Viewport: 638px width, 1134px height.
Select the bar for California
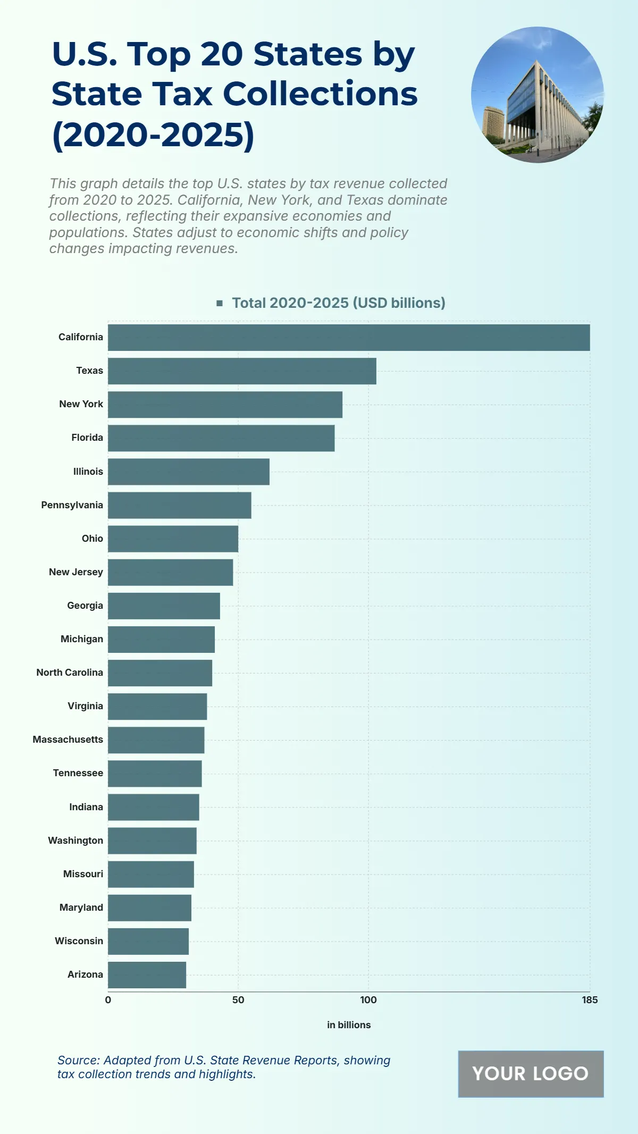(349, 338)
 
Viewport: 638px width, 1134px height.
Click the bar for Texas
(242, 371)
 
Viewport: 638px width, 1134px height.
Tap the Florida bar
(221, 438)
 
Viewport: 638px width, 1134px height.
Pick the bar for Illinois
(189, 472)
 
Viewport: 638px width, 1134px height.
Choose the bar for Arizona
(147, 975)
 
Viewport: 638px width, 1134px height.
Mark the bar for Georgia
(164, 606)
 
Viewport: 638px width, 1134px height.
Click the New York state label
(81, 404)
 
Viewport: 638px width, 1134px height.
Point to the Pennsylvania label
(72, 505)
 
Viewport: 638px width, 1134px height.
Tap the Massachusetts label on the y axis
(68, 740)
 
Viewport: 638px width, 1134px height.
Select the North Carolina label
(70, 673)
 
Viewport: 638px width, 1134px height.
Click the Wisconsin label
(79, 941)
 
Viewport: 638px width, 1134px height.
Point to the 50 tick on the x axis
(238, 1000)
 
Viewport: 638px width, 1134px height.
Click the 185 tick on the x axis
(590, 1000)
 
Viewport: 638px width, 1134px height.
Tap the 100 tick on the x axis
(368, 1000)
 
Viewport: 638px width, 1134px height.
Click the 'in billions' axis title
(349, 1025)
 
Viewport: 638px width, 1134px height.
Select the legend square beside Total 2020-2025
(220, 303)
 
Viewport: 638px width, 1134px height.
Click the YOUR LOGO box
(531, 1074)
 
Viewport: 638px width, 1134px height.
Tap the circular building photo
(538, 95)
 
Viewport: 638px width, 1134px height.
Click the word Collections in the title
(320, 94)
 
